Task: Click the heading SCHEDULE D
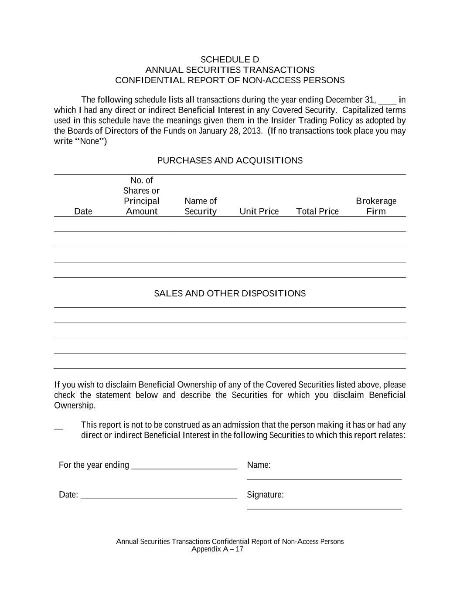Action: click(x=230, y=59)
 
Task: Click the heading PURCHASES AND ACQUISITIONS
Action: click(x=230, y=160)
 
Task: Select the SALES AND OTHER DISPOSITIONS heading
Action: click(x=230, y=293)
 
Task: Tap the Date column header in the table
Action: click(x=83, y=211)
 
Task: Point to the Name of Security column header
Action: click(x=201, y=206)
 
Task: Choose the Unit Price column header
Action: click(x=259, y=211)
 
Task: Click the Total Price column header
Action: click(x=317, y=211)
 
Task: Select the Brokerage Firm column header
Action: click(x=376, y=206)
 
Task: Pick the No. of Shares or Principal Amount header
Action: click(x=142, y=196)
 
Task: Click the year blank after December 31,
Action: click(x=388, y=101)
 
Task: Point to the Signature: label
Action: click(x=265, y=495)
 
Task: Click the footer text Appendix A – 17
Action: click(x=217, y=549)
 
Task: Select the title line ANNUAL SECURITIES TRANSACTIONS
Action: click(x=230, y=70)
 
